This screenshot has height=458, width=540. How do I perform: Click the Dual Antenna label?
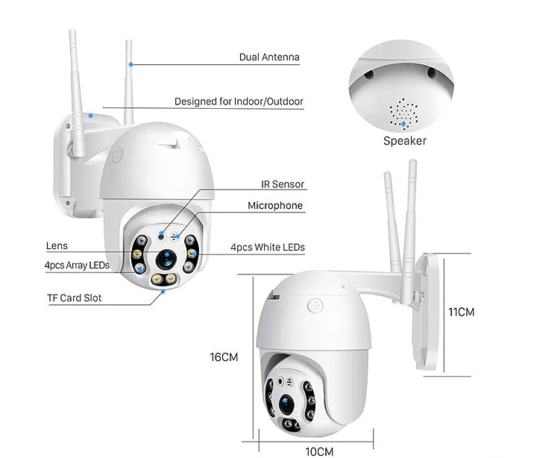pyautogui.click(x=269, y=57)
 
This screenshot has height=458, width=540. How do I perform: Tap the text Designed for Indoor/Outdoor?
pyautogui.click(x=239, y=101)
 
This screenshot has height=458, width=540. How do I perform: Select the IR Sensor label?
pyautogui.click(x=283, y=184)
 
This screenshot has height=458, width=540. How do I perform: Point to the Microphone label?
pyautogui.click(x=275, y=206)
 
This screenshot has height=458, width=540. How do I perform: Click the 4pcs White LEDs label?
pyautogui.click(x=268, y=247)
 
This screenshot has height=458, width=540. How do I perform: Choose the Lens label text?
pyautogui.click(x=57, y=246)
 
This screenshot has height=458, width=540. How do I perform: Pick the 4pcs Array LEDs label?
pyautogui.click(x=77, y=265)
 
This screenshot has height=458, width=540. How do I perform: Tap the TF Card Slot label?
pyautogui.click(x=75, y=298)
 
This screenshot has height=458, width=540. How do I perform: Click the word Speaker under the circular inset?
pyautogui.click(x=405, y=141)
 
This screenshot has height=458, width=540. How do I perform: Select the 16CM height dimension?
pyautogui.click(x=224, y=357)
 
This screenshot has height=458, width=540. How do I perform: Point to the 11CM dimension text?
pyautogui.click(x=461, y=312)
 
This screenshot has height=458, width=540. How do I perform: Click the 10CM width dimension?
pyautogui.click(x=319, y=451)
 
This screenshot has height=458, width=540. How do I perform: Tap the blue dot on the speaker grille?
pyautogui.click(x=404, y=124)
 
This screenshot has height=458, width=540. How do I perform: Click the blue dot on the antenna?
pyautogui.click(x=131, y=64)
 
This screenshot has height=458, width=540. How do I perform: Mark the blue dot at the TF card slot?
pyautogui.click(x=163, y=292)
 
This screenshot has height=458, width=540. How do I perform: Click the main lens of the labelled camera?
pyautogui.click(x=166, y=259)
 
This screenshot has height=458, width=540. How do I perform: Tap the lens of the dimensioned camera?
pyautogui.click(x=287, y=404)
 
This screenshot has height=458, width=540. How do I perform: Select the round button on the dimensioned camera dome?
pyautogui.click(x=315, y=305)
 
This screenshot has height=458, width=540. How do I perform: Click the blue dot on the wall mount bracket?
pyautogui.click(x=90, y=116)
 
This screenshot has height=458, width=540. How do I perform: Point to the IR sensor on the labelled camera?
pyautogui.click(x=161, y=236)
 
